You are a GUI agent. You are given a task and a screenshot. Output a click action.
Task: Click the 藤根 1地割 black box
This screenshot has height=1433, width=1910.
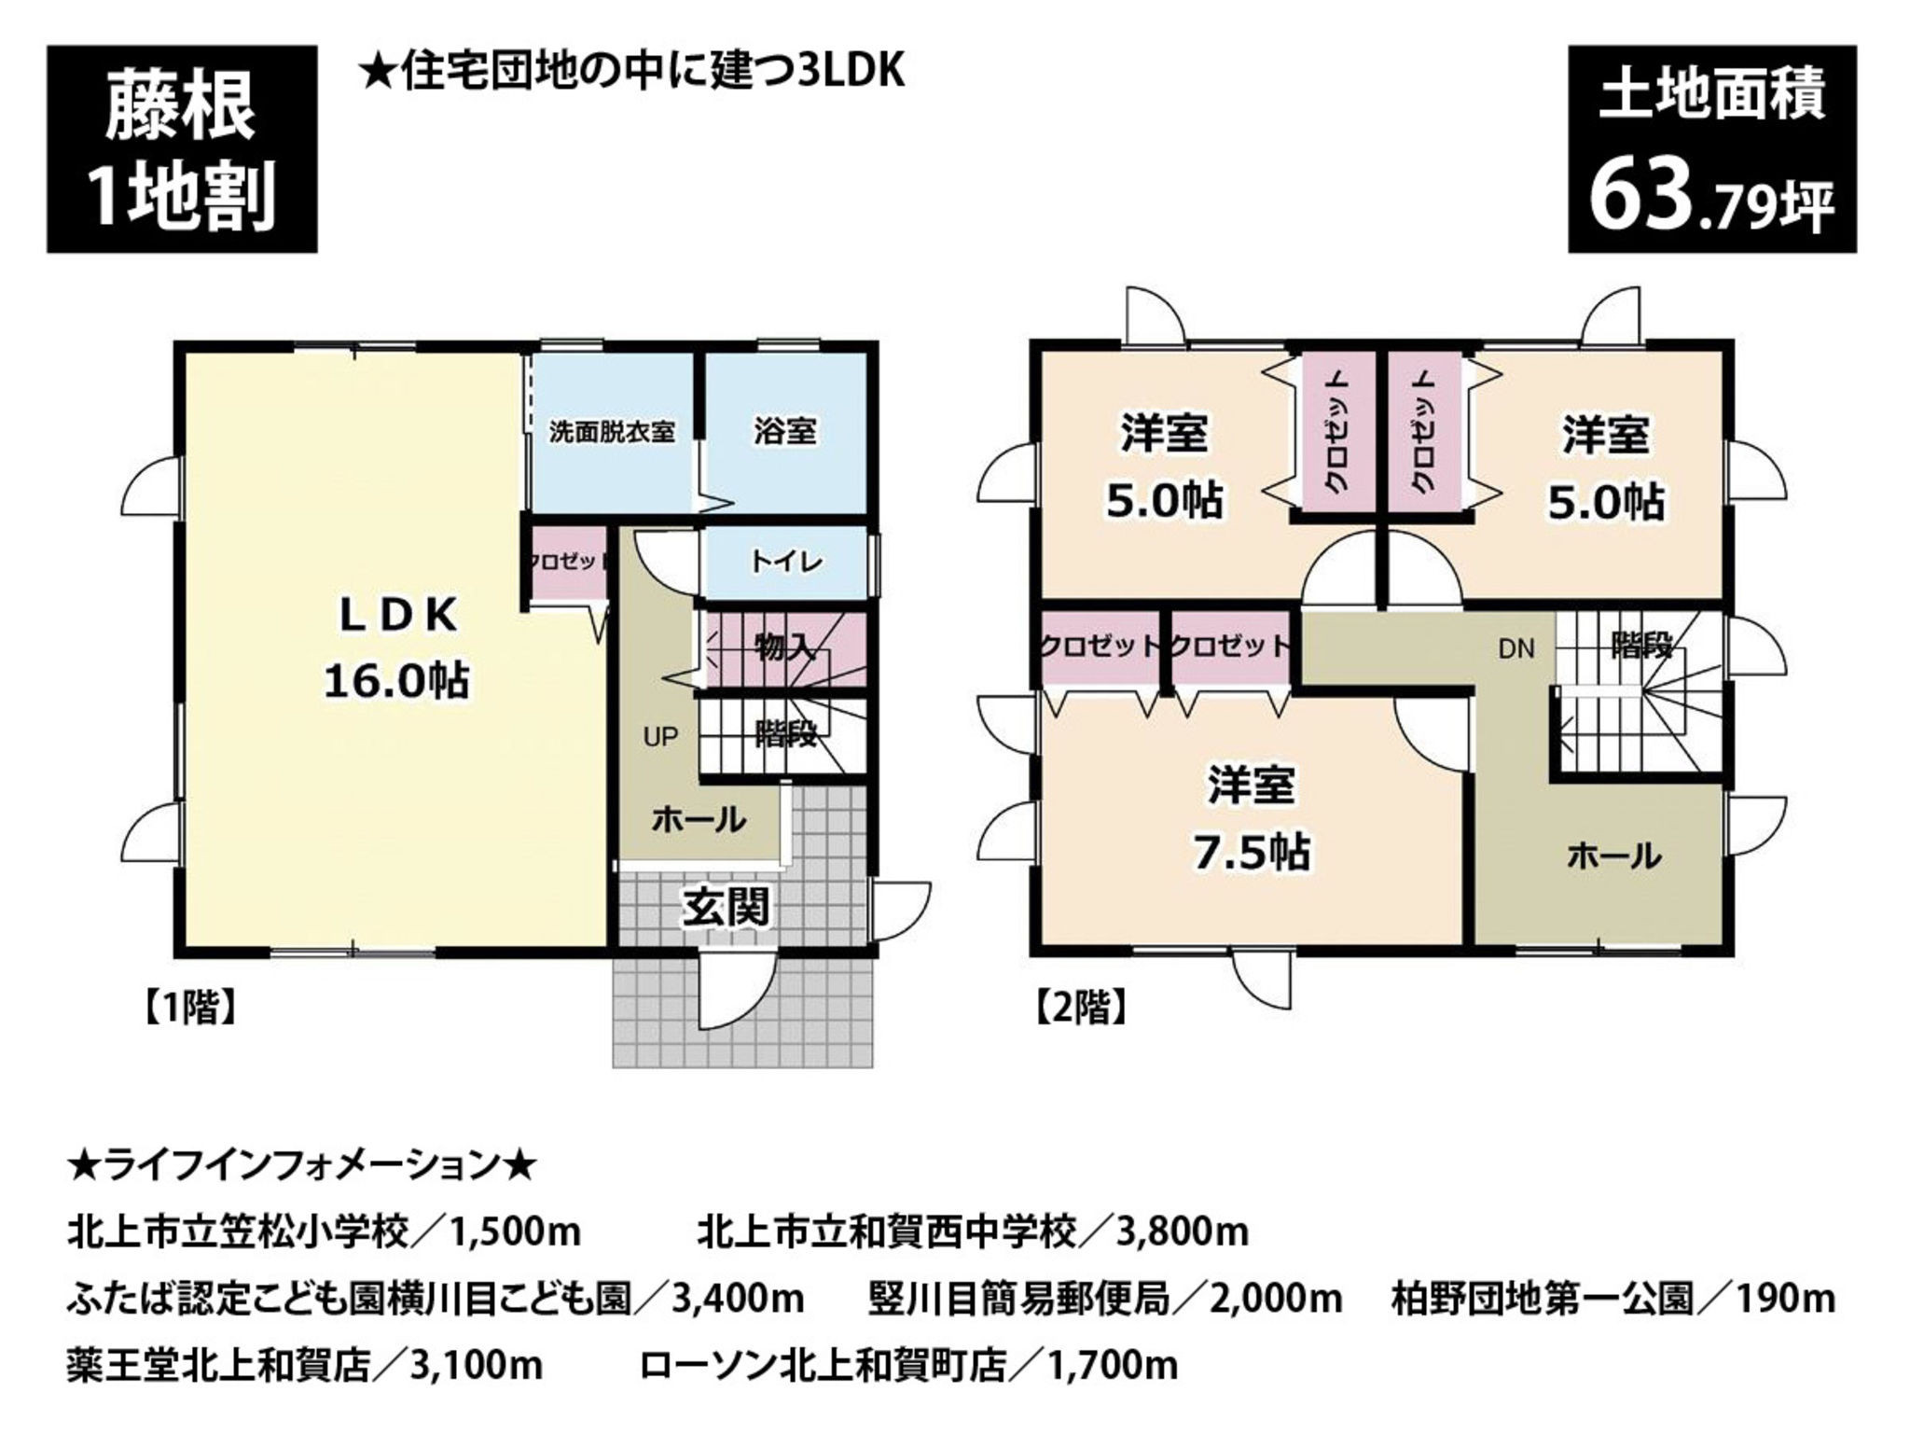[182, 149]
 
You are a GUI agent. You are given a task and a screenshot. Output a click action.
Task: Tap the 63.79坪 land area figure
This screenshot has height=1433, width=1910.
[1711, 201]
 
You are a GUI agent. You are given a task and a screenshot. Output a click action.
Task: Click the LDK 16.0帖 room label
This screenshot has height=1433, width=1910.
[396, 647]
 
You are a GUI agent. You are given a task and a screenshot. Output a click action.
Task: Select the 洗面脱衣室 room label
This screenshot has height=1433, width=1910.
[612, 432]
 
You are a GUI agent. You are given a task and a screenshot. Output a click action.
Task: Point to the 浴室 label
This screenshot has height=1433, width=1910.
[785, 431]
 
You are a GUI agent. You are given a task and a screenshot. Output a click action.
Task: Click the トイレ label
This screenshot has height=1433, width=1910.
[786, 561]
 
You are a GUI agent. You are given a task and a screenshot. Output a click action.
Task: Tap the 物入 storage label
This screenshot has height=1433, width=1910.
[785, 646]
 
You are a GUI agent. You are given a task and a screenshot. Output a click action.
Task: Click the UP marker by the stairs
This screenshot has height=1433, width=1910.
[660, 737]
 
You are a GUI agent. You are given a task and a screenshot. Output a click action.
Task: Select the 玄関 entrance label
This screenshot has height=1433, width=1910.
[727, 905]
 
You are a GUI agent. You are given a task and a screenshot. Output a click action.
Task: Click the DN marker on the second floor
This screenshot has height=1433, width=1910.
[1516, 648]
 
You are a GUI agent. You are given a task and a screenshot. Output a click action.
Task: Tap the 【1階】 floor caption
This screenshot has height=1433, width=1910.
[187, 1009]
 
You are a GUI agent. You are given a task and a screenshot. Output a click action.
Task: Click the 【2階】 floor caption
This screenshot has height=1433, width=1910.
[1080, 1009]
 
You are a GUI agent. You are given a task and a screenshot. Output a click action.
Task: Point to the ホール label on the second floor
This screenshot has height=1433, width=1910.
[1612, 855]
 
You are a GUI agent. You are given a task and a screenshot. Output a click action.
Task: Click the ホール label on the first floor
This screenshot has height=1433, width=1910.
[699, 820]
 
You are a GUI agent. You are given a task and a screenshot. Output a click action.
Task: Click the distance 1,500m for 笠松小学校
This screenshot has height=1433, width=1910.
[516, 1232]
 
